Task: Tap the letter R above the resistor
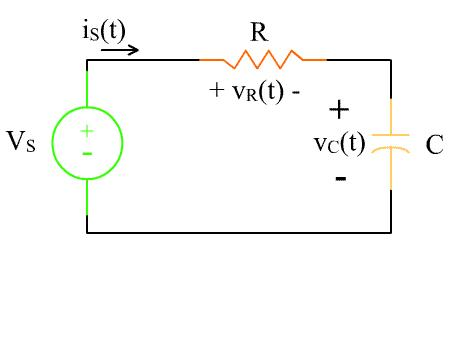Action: pos(258,32)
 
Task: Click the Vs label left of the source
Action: pos(21,141)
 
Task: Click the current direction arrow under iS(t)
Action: pos(120,48)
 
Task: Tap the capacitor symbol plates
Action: pos(391,143)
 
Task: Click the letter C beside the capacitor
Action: pos(434,145)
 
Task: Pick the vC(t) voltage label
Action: pos(339,143)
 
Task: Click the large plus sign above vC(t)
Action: pos(340,108)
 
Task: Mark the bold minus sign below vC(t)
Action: pos(341,179)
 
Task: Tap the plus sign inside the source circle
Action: pos(87,130)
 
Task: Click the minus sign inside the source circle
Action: pos(87,153)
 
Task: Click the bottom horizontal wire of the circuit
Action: pos(239,232)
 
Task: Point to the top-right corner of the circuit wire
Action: pos(391,60)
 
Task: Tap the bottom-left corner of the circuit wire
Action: pos(87,232)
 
